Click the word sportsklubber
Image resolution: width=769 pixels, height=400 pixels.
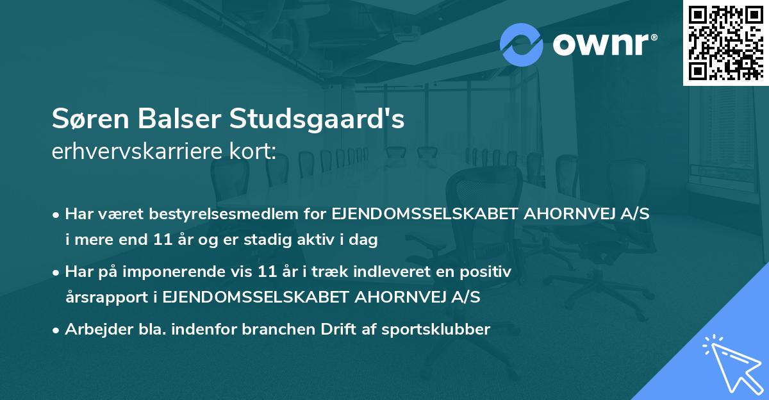coord(438,329)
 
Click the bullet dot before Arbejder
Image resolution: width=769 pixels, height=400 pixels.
coord(57,330)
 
